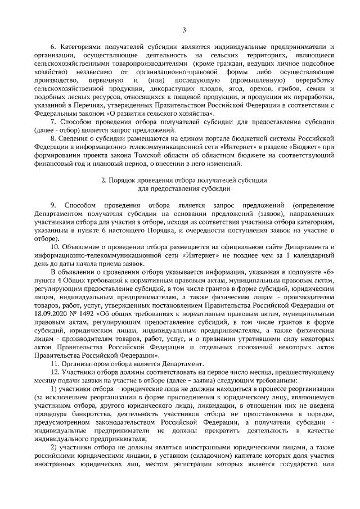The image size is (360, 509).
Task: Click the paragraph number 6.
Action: click(x=53, y=46)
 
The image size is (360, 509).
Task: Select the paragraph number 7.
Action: click(x=53, y=121)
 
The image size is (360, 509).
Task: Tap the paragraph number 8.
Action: click(x=53, y=139)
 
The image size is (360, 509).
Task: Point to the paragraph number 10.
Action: click(x=55, y=247)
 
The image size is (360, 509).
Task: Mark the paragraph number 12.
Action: click(x=55, y=372)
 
